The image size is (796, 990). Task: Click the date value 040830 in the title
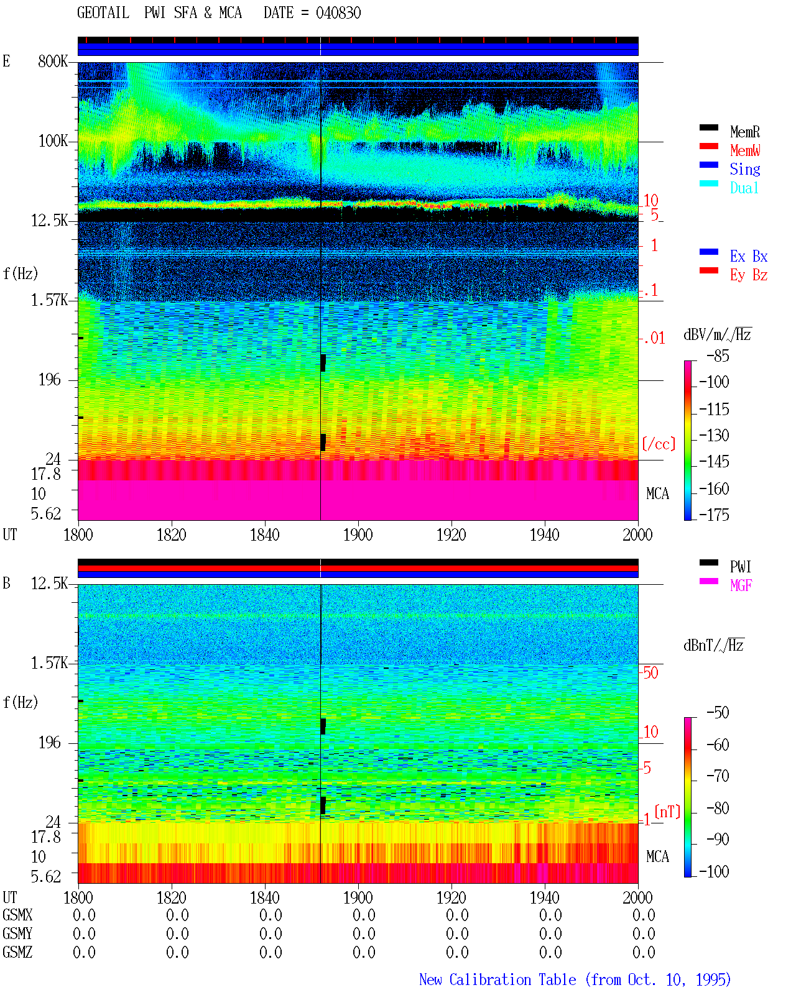coord(338,12)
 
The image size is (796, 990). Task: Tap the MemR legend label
coord(744,132)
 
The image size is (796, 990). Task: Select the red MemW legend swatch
coord(708,146)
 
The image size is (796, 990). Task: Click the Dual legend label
coord(744,188)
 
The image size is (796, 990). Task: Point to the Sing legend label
coord(744,169)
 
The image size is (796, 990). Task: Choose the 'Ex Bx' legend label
coord(749,256)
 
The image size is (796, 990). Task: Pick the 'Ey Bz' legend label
coord(749,275)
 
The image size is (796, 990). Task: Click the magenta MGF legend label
coord(741,585)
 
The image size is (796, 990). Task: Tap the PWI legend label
coord(740,567)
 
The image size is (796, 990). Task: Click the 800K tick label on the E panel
coord(53,61)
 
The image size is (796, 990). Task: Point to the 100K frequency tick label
coord(53,141)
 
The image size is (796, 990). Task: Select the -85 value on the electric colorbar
coord(718,355)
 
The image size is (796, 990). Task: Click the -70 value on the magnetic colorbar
coord(718,776)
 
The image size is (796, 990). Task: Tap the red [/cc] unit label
coord(659,444)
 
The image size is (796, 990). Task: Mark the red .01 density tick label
coord(654,339)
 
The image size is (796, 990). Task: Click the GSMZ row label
coord(17,952)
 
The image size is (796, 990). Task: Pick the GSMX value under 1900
coord(364,915)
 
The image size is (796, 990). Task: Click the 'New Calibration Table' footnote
coord(497,979)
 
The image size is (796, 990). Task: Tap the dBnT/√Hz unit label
coord(713,646)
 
